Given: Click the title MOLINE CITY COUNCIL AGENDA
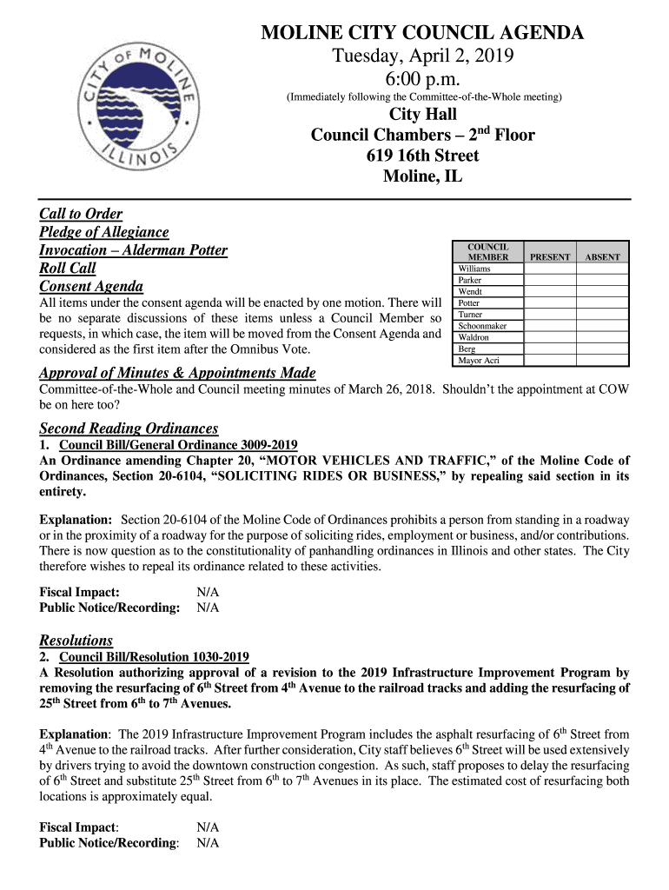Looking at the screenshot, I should click(423, 33).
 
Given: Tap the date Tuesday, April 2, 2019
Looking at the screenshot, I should click(423, 57).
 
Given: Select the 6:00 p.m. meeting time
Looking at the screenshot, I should click(423, 80).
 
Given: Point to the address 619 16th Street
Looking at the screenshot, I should click(423, 156).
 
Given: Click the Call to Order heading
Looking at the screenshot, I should click(81, 214).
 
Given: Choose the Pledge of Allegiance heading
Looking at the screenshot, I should click(104, 232).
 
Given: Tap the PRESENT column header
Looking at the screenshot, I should click(550, 257).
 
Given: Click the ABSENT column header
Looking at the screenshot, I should click(602, 257).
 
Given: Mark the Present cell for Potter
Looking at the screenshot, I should click(550, 303).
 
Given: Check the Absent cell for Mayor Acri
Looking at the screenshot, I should click(602, 360).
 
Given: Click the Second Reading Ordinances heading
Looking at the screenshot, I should click(129, 428).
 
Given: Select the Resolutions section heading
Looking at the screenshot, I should click(76, 641).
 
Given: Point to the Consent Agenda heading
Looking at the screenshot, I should click(91, 287).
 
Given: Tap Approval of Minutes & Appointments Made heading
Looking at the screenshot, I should click(177, 374).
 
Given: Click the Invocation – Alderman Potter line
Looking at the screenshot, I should click(133, 250).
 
